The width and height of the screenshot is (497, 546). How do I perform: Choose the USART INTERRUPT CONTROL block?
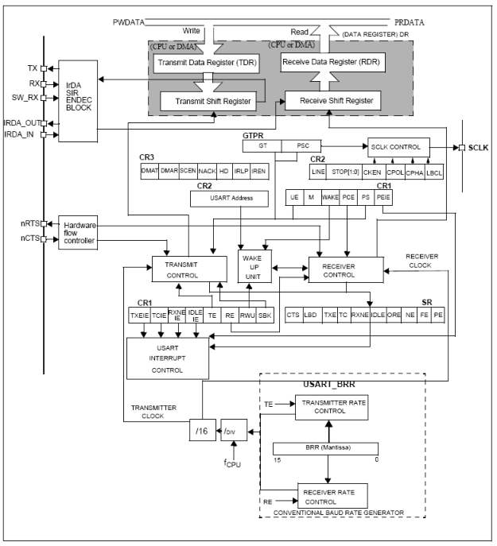tap(167, 359)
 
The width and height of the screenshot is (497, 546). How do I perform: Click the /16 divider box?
tap(198, 431)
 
